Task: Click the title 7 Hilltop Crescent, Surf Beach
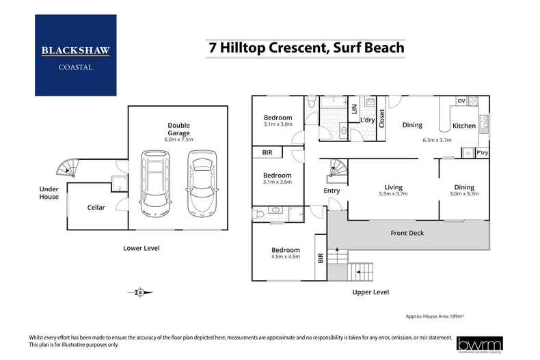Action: [x=306, y=49]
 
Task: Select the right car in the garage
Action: [x=200, y=182]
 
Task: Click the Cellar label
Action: [x=96, y=208]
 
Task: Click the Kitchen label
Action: [x=464, y=126]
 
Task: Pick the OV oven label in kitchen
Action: [x=461, y=101]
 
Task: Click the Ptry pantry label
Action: [x=482, y=153]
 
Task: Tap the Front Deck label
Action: [x=407, y=234]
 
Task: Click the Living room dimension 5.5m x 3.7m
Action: [x=393, y=194]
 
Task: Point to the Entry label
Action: [x=332, y=191]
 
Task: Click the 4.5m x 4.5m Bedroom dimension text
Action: [x=286, y=257]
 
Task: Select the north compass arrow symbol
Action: [x=139, y=292]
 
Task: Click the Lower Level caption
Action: [x=141, y=248]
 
